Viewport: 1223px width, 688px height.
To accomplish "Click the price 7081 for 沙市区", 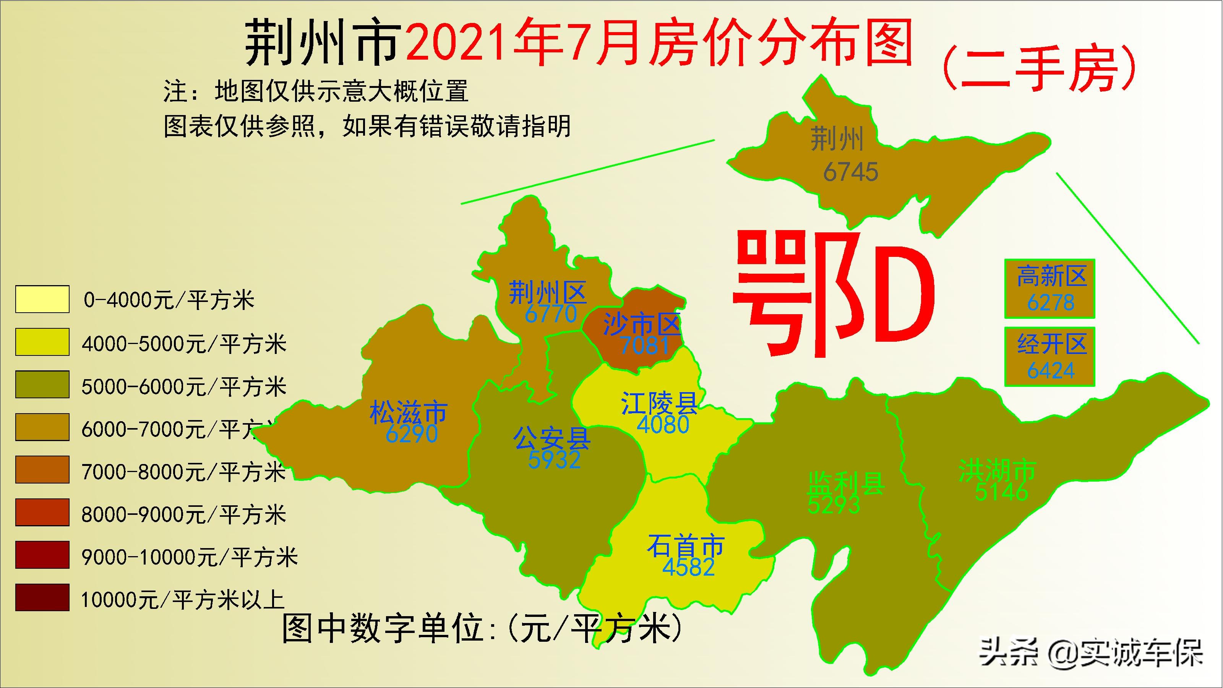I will (644, 345).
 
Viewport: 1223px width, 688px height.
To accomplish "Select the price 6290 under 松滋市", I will (411, 433).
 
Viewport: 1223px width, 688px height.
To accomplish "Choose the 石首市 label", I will (686, 546).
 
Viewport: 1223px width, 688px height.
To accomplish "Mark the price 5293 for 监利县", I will (834, 505).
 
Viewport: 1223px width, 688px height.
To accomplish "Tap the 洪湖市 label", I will (997, 470).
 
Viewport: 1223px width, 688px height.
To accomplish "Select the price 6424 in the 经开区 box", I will (1051, 371).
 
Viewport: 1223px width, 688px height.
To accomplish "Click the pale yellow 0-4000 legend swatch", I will (42, 299).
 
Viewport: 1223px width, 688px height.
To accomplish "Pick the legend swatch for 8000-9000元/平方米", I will (42, 512).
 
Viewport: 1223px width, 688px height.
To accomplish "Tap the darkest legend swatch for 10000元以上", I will (42, 597).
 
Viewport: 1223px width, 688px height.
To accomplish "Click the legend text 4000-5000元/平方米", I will (184, 344).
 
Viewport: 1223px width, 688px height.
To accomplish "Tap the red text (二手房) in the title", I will (1040, 69).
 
